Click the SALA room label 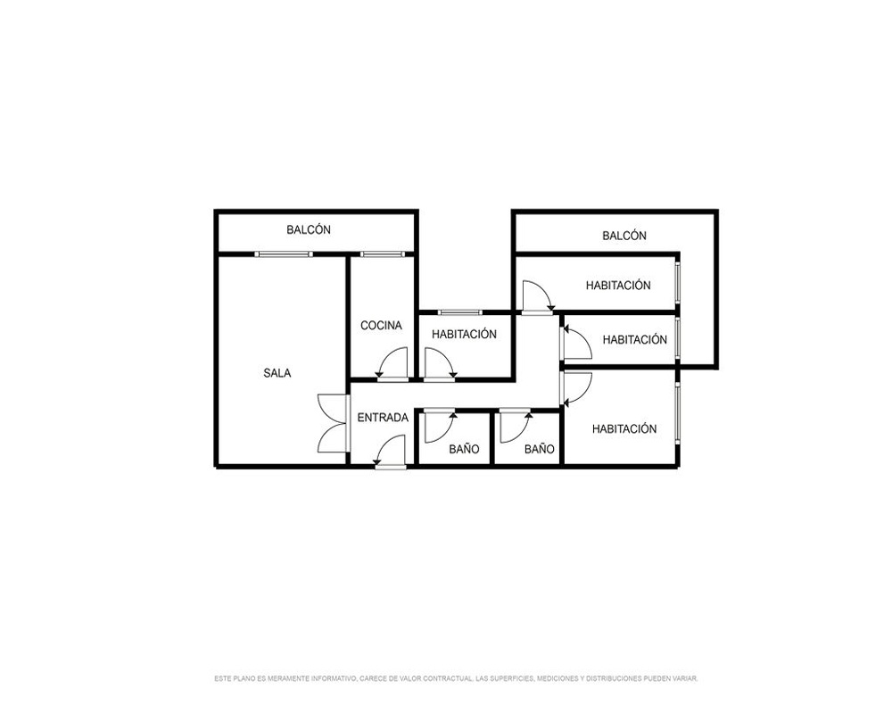(277, 374)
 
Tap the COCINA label (381, 326)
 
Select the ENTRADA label (383, 418)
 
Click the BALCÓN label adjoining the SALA (309, 230)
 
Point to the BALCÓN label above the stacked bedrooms (624, 236)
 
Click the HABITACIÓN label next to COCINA (464, 335)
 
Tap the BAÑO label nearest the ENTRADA (464, 449)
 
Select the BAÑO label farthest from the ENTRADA (540, 449)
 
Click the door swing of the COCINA (392, 362)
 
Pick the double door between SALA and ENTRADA (333, 424)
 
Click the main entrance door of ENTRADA (391, 452)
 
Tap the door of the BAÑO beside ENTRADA (440, 426)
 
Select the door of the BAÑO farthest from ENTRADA (516, 426)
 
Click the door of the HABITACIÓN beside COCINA (441, 362)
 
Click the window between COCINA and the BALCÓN (381, 254)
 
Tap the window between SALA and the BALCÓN (284, 254)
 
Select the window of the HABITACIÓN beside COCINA (459, 312)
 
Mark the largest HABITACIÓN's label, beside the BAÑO (624, 429)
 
